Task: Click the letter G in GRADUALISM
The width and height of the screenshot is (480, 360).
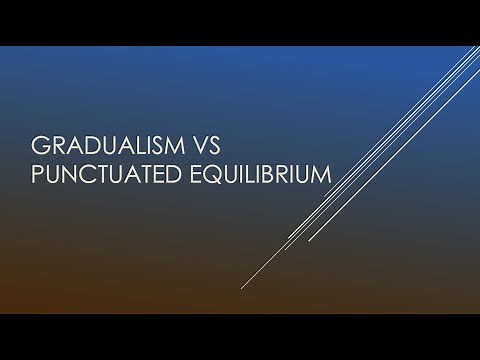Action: (40, 143)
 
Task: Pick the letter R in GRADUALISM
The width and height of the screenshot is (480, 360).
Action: (57, 143)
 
